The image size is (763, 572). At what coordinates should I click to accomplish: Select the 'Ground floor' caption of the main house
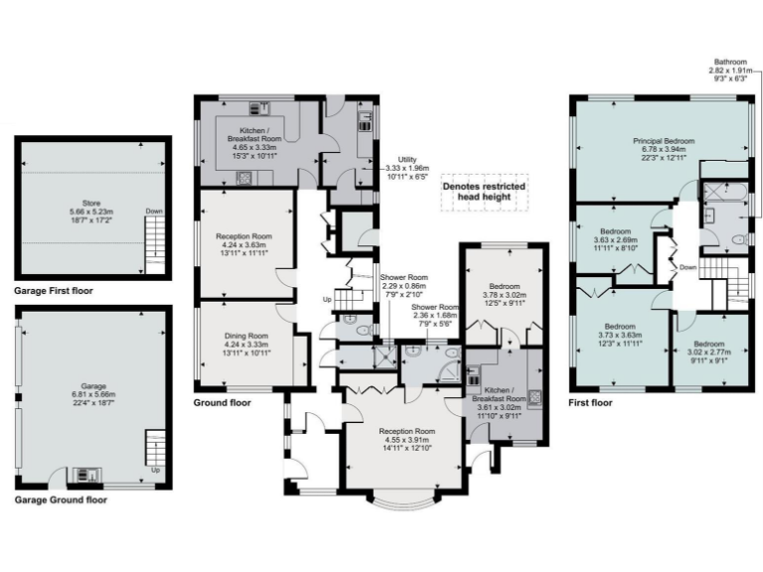pyautogui.click(x=222, y=403)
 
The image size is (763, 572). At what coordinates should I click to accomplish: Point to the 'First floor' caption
pyautogui.click(x=591, y=403)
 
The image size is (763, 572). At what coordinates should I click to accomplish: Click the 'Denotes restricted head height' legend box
pyautogui.click(x=484, y=191)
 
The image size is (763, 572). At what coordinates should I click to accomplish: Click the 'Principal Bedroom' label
pyautogui.click(x=663, y=142)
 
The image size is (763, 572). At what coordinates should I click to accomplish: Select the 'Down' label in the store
pyautogui.click(x=153, y=211)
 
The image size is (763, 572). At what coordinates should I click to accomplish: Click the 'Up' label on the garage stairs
pyautogui.click(x=153, y=470)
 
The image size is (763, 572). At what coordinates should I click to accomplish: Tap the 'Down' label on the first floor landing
pyautogui.click(x=687, y=266)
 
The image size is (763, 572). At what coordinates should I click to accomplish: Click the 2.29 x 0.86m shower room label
pyautogui.click(x=403, y=287)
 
